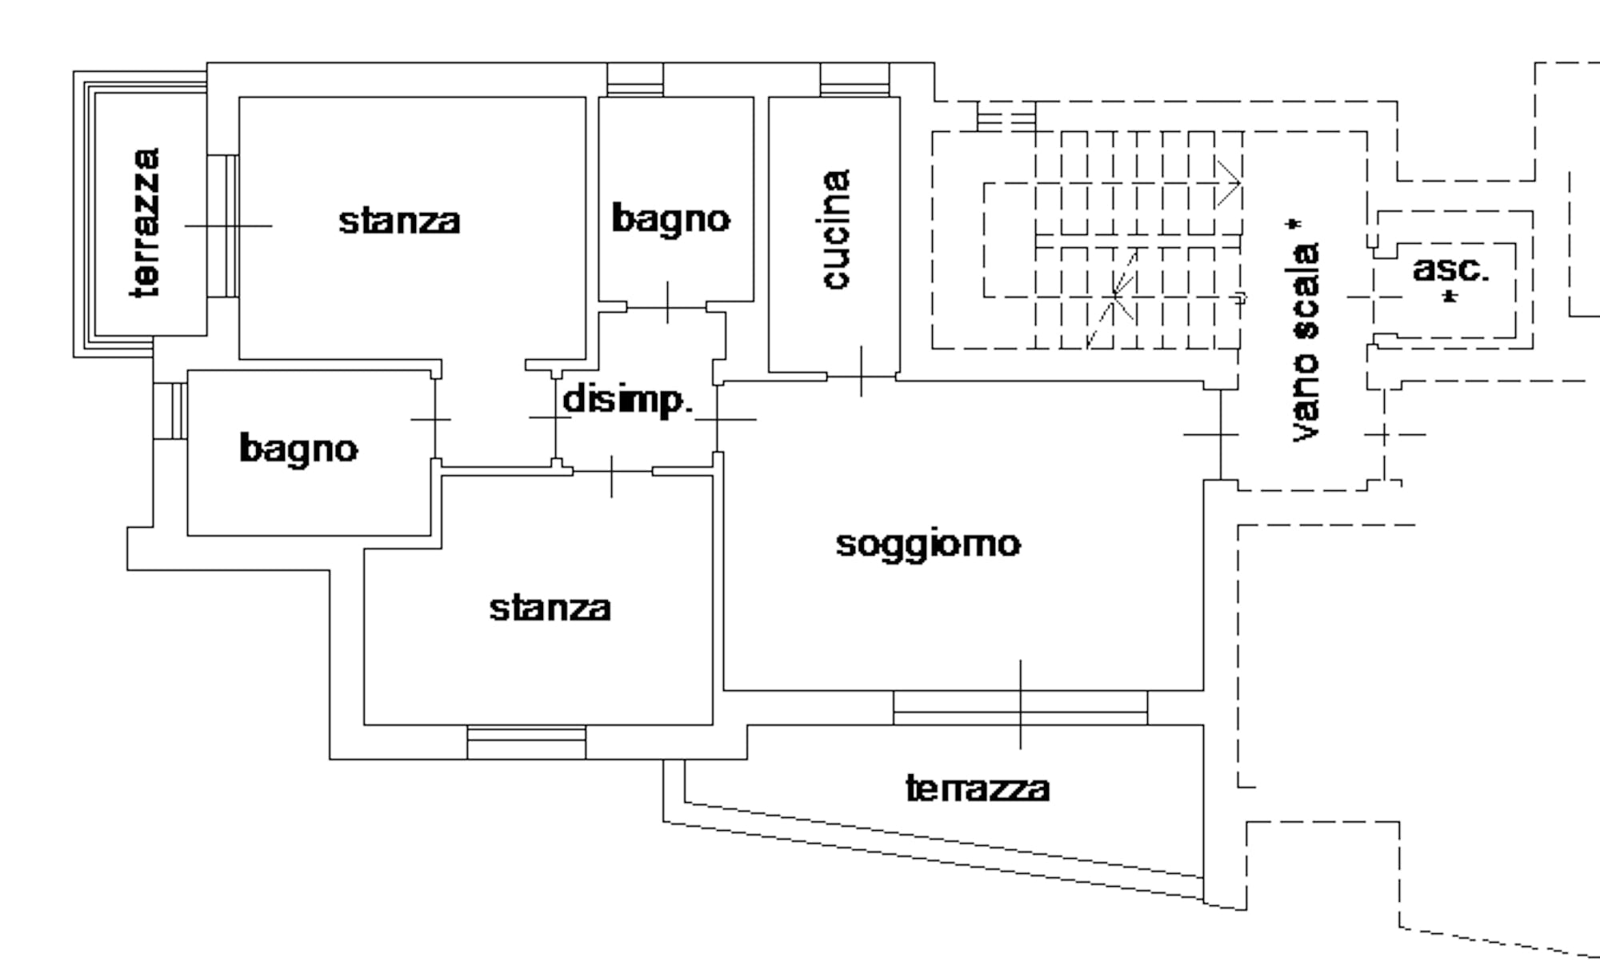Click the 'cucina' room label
point(836,229)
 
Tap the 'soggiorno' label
point(928,545)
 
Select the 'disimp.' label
point(626,399)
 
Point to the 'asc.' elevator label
point(1450,269)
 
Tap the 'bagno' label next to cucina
point(670,218)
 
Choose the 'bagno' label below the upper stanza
point(298,449)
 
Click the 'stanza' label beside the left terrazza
point(399,221)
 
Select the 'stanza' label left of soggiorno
point(550,608)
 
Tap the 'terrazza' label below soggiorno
point(977,788)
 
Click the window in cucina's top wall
point(854,80)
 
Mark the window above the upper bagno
point(635,80)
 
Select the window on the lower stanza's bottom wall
point(526,743)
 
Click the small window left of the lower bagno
point(170,410)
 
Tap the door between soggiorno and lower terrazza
point(1020,708)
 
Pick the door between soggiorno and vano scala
point(1221,434)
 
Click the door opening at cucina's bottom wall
point(861,375)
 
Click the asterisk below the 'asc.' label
point(1450,297)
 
